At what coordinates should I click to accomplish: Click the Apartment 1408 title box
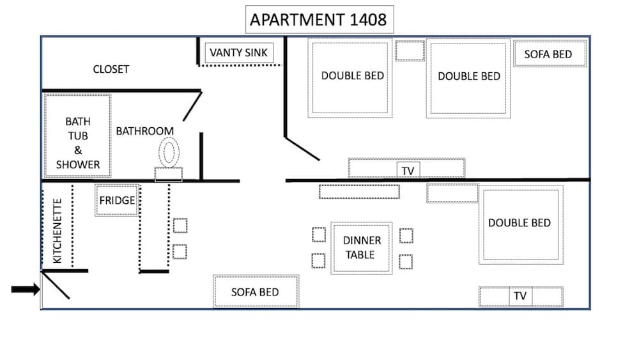click(319, 20)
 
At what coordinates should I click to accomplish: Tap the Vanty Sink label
click(239, 52)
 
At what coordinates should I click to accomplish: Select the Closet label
click(111, 69)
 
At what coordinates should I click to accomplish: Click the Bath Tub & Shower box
click(77, 136)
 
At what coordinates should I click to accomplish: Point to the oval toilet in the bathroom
click(169, 152)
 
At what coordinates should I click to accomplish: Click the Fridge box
click(117, 200)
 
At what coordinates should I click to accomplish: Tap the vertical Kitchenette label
click(58, 231)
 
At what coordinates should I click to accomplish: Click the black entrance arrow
click(26, 290)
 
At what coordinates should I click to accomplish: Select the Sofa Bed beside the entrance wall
click(256, 292)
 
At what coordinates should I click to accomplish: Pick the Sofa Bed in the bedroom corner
click(550, 54)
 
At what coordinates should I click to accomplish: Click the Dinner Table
click(362, 248)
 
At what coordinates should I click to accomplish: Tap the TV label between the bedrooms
click(408, 171)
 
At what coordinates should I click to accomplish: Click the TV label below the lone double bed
click(520, 296)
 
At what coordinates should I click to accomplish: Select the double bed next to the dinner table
click(521, 224)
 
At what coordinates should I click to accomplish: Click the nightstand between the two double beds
click(410, 51)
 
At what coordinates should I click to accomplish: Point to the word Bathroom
click(144, 131)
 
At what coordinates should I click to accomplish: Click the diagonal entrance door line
click(56, 285)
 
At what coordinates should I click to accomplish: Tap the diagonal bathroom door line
click(192, 106)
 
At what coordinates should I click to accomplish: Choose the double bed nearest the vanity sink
click(350, 78)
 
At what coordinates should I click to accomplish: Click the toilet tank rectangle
click(168, 174)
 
